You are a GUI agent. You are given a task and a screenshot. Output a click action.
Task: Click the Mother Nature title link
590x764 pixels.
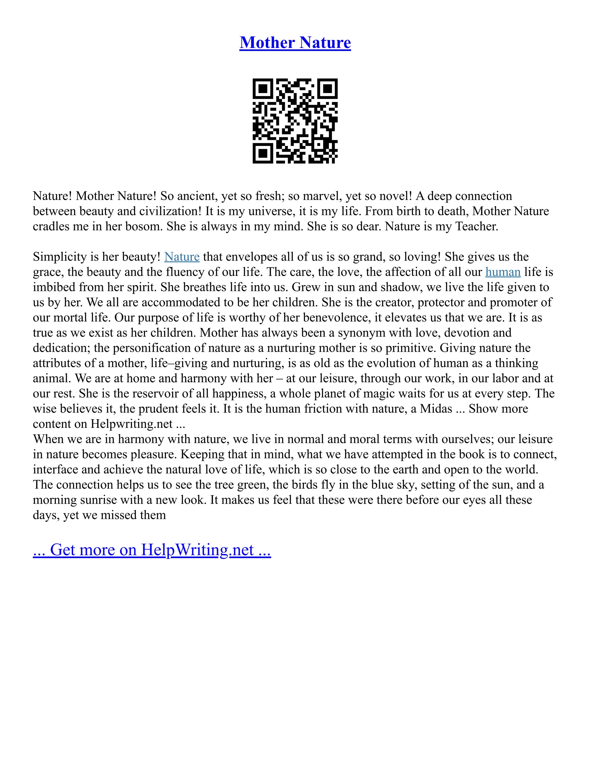click(295, 43)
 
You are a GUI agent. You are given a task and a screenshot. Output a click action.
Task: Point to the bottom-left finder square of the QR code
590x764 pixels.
click(262, 153)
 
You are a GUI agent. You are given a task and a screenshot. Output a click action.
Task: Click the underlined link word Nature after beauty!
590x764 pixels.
click(182, 257)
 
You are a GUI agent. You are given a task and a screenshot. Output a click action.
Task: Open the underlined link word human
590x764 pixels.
click(503, 272)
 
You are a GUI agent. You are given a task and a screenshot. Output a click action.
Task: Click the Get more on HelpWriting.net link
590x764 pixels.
click(152, 550)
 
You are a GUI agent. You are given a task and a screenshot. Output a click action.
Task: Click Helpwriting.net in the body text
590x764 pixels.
click(131, 424)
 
